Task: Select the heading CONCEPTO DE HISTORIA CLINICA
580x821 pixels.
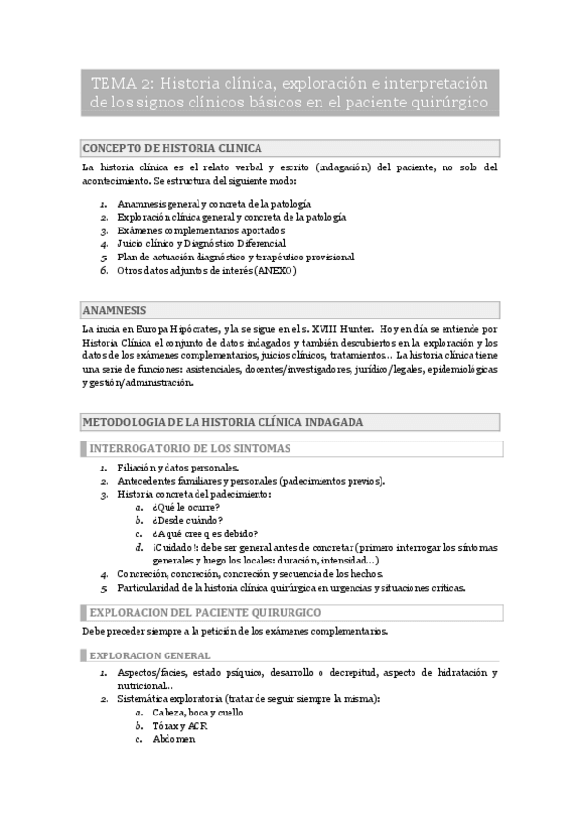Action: [x=173, y=148]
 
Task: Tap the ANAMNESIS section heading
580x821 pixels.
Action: [x=115, y=310]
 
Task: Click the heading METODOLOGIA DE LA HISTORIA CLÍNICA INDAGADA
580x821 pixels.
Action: [x=224, y=422]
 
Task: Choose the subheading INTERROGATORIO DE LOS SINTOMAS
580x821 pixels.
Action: [x=190, y=448]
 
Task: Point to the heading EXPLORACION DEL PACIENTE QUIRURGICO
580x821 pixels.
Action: [x=205, y=613]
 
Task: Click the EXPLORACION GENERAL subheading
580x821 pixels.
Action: [x=144, y=655]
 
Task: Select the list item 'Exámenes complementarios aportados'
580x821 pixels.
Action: [x=200, y=230]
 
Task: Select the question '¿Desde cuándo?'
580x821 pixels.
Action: [x=185, y=520]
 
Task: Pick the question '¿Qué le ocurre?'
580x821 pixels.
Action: [x=185, y=506]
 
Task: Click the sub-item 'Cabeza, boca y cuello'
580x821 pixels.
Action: [x=198, y=712]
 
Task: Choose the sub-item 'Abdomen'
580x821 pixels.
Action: [x=173, y=739]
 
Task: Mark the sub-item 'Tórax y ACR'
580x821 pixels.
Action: [x=180, y=725]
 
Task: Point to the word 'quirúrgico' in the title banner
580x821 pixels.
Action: [x=444, y=102]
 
